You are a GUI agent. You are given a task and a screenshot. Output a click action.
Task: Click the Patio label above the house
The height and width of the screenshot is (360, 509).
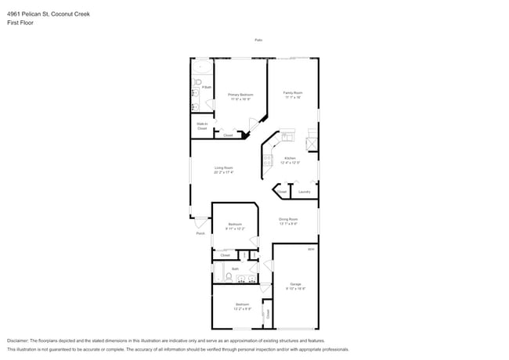coord(258,40)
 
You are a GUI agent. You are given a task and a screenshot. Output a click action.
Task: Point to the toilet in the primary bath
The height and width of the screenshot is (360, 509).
coord(199,81)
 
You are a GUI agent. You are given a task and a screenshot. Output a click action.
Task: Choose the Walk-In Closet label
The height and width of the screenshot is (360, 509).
coord(202,125)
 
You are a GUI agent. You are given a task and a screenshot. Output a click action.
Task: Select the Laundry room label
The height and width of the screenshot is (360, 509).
coord(305,192)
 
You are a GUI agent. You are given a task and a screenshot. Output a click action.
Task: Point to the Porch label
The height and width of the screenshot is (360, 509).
coord(200,233)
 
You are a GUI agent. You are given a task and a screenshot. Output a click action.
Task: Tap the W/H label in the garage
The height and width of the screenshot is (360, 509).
coord(311,250)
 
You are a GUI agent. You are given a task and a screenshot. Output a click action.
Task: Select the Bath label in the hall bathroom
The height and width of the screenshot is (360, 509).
coord(235,269)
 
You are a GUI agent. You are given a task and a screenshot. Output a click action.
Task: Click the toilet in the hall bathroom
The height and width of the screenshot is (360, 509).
coord(228,276)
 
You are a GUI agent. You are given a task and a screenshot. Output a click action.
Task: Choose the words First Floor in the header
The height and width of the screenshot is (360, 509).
coord(20,23)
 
